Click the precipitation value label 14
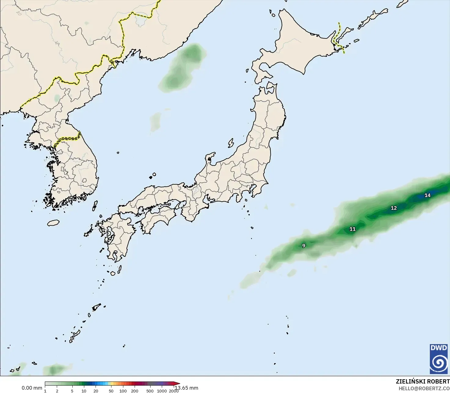(x=427, y=195)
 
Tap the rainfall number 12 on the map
(x=394, y=208)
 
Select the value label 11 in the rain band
(x=353, y=229)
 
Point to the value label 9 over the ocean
(x=303, y=246)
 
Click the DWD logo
(x=439, y=359)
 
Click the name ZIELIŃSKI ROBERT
(x=423, y=381)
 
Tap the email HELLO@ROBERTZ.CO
(x=424, y=388)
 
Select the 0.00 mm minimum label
(x=32, y=388)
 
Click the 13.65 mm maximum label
(x=187, y=388)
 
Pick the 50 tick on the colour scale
(x=111, y=391)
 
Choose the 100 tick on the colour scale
(x=123, y=391)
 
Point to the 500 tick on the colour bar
(x=150, y=391)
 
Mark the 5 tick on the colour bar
(x=72, y=391)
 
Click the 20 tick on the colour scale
(x=96, y=391)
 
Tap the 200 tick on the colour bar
(x=135, y=391)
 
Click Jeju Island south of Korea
(x=53, y=223)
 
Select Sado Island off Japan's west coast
(x=231, y=143)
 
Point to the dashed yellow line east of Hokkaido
(x=338, y=37)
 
